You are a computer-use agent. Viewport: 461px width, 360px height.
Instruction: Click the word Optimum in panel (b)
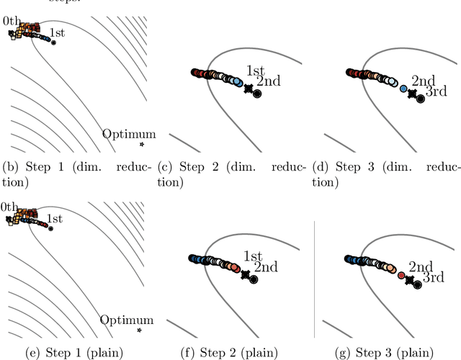pos(128,134)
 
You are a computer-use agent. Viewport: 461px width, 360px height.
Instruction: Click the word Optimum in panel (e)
pos(127,320)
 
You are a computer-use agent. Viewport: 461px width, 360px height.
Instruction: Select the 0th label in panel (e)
pos(10,207)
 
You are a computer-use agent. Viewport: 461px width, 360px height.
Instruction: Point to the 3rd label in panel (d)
pos(437,91)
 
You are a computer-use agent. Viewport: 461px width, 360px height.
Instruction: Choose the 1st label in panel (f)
pos(253,256)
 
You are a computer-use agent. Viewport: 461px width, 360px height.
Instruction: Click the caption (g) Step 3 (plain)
pos(385,351)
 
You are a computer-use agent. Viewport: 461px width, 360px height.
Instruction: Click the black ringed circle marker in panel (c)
pos(257,94)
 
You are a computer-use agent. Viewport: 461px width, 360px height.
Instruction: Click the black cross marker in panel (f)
pos(246,274)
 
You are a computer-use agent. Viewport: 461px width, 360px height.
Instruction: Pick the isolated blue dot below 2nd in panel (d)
pos(403,89)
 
